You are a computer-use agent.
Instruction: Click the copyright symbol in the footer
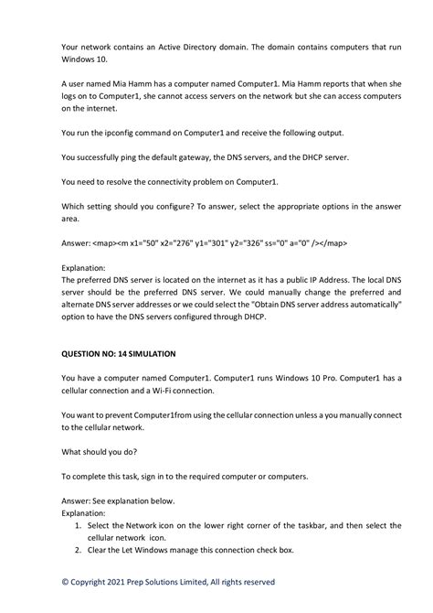pyautogui.click(x=65, y=582)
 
